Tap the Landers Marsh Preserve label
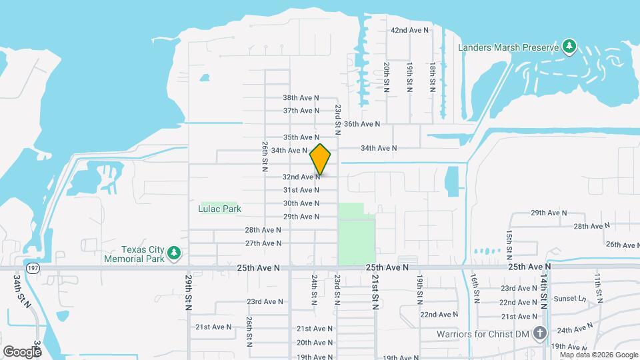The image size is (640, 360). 506,47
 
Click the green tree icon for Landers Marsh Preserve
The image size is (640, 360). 569,46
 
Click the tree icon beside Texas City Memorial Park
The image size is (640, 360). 174,252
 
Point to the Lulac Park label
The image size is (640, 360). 219,209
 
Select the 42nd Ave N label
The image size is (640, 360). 409,31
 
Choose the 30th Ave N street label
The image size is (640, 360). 301,203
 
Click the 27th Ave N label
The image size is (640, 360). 263,243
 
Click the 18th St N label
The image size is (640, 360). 433,77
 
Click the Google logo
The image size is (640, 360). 22,351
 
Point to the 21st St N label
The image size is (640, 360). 375,293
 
